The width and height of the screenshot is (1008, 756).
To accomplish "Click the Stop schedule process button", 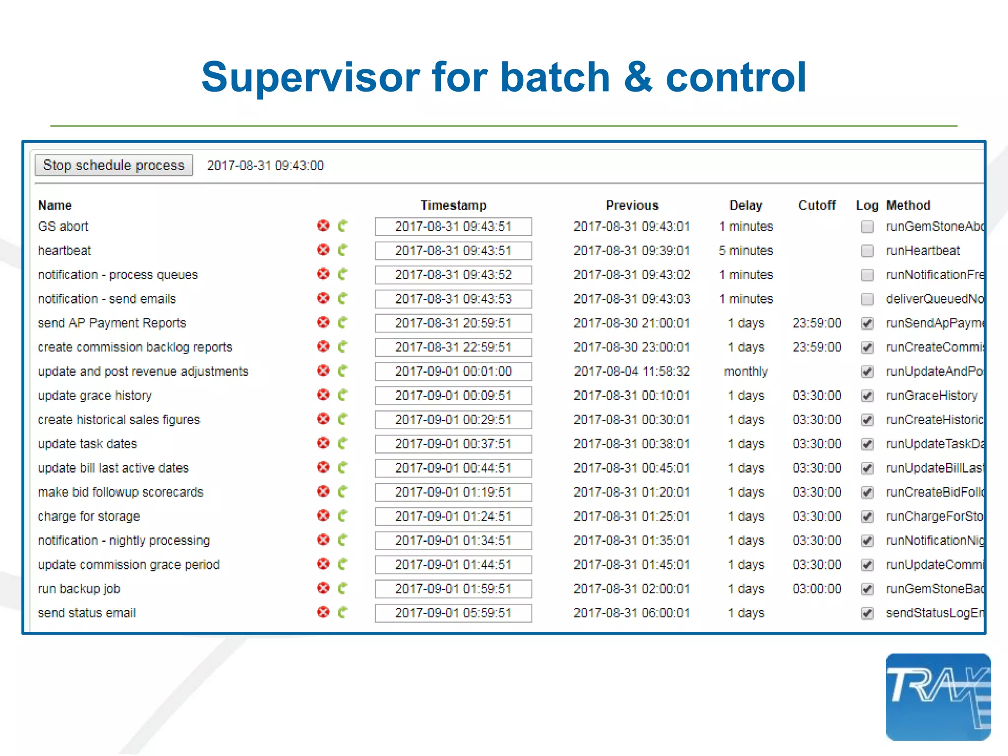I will click(x=114, y=165).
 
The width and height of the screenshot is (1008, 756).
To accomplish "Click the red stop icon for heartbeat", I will click(x=323, y=250).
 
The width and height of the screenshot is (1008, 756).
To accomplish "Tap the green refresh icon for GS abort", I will click(x=343, y=226).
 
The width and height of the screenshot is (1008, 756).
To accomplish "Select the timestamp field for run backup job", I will click(x=453, y=589).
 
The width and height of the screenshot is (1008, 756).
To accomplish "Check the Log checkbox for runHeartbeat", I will click(x=867, y=251).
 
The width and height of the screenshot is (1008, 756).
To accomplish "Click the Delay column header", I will click(x=746, y=205).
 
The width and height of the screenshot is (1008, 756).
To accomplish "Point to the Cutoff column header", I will click(x=817, y=205).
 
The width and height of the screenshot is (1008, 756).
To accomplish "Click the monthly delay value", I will click(x=746, y=372).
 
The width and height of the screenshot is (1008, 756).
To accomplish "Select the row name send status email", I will click(x=87, y=613).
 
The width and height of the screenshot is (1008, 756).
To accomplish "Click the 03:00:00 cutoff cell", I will click(x=817, y=589).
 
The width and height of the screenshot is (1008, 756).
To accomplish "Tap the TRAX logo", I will click(x=938, y=697).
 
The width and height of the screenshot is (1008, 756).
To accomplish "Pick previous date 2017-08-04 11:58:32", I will click(x=632, y=372).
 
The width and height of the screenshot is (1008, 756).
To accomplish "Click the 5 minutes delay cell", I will click(x=746, y=251).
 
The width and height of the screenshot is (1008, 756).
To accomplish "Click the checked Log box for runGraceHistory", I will click(x=867, y=396).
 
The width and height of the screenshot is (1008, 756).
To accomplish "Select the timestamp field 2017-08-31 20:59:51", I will click(x=453, y=323).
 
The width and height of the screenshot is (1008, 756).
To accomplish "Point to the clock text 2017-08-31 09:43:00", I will click(x=265, y=165).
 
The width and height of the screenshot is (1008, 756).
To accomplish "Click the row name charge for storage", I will click(x=89, y=516).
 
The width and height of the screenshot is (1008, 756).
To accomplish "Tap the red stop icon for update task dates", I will click(x=323, y=443).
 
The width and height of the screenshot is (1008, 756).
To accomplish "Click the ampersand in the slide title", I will click(x=638, y=77).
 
